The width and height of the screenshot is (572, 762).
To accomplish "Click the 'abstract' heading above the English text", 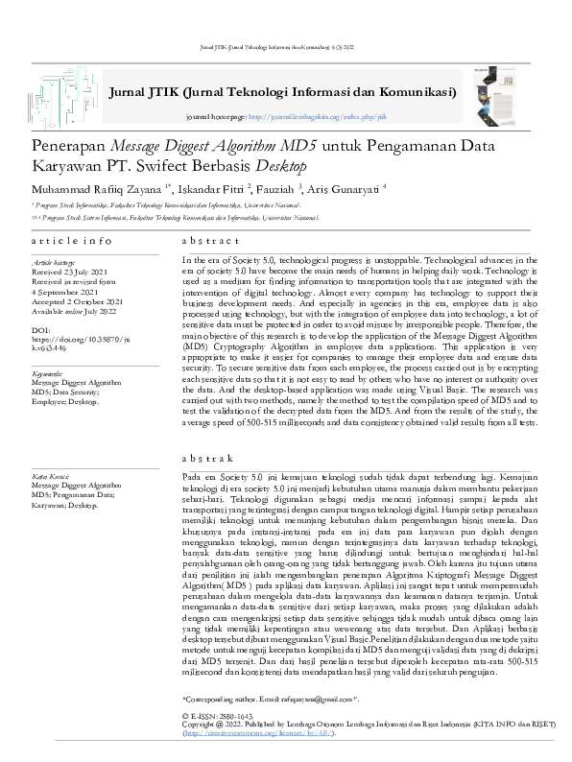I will tap(210, 240).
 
